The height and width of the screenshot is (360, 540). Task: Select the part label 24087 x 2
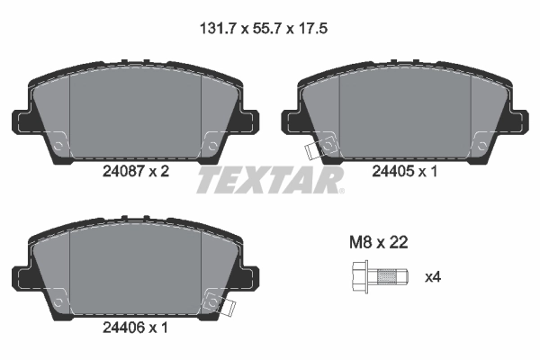pyautogui.click(x=134, y=171)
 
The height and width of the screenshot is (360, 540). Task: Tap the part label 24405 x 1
pyautogui.click(x=405, y=171)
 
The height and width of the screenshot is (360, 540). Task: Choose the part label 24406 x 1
pyautogui.click(x=134, y=329)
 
